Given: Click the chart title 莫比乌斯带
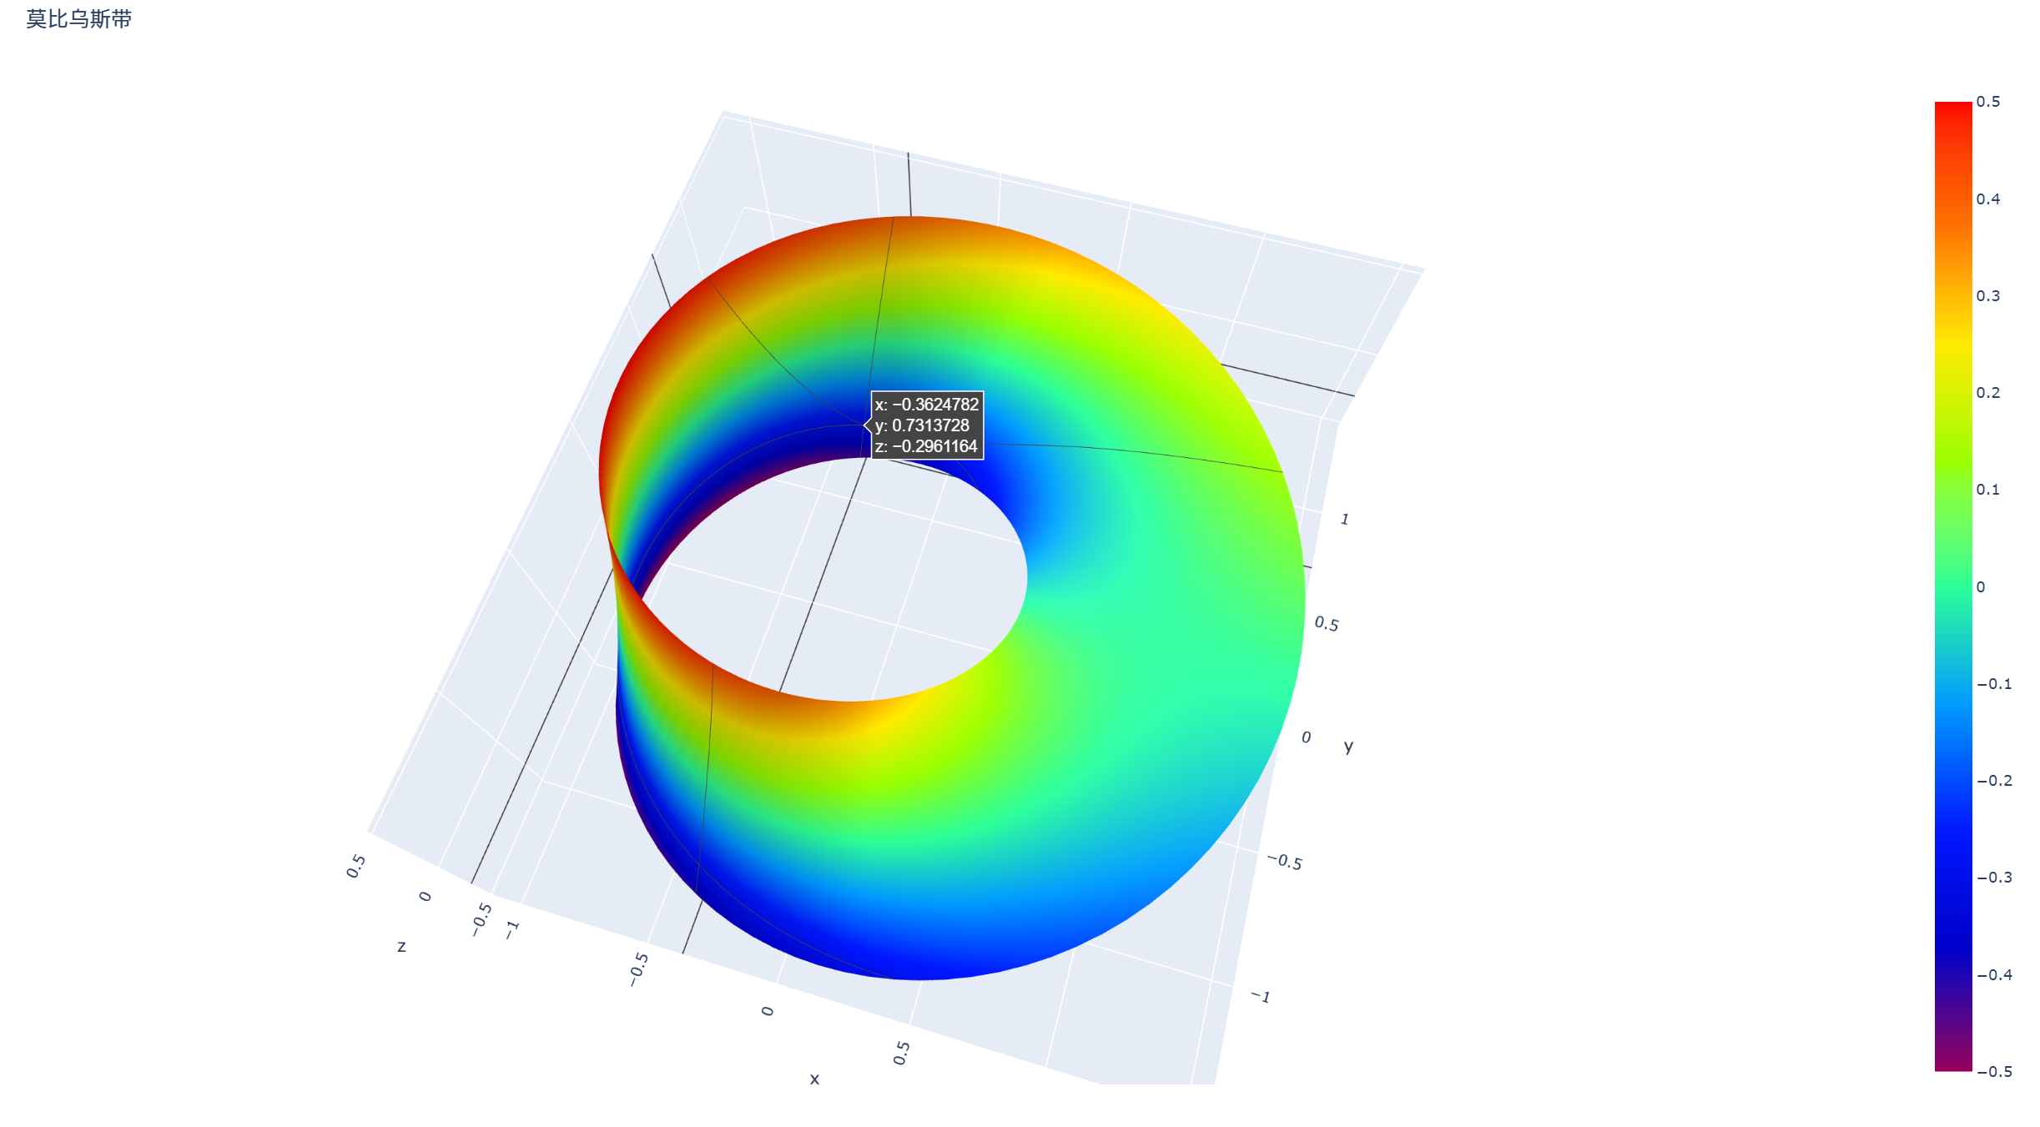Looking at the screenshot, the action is [x=78, y=19].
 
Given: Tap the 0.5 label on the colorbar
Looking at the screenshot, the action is [x=1988, y=102].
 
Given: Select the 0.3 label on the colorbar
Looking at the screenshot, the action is [x=1988, y=296].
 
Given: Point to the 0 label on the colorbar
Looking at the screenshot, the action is [x=1981, y=587].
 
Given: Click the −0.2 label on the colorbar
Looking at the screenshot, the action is [x=1994, y=781].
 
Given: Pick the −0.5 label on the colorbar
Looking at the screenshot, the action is [x=1994, y=1072].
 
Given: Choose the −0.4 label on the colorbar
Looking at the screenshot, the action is [x=1994, y=975].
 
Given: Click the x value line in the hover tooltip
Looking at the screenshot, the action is [x=927, y=405].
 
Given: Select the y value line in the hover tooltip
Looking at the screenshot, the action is [x=922, y=425].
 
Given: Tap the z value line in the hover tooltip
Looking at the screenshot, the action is [x=926, y=446].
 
